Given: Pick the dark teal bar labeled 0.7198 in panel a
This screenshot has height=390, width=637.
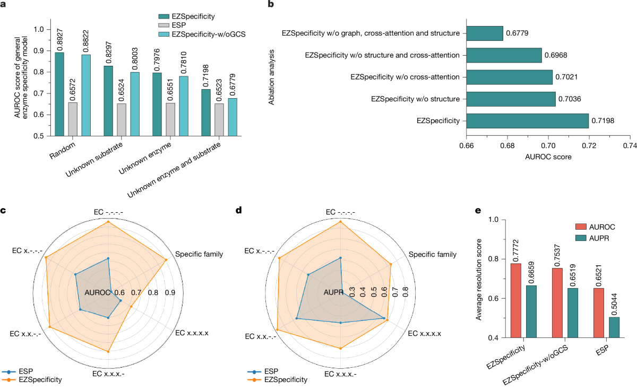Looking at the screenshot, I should pos(206,112).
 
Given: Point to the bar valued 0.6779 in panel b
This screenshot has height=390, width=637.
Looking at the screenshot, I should pos(485,33).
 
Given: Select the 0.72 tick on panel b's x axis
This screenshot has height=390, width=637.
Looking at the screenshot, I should pos(589,144).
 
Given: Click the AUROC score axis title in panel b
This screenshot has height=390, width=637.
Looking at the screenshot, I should pos(548,157).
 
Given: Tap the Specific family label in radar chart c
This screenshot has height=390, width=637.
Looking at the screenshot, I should pos(199,254).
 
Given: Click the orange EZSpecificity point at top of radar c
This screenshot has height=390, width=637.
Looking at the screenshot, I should pos(108,221).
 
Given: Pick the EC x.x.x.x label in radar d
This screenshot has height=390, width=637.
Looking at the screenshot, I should pos(423,333).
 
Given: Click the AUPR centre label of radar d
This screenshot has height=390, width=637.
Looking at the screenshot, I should pos(332,292).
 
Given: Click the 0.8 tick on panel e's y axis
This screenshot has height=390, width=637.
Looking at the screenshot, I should pos(496,258).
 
